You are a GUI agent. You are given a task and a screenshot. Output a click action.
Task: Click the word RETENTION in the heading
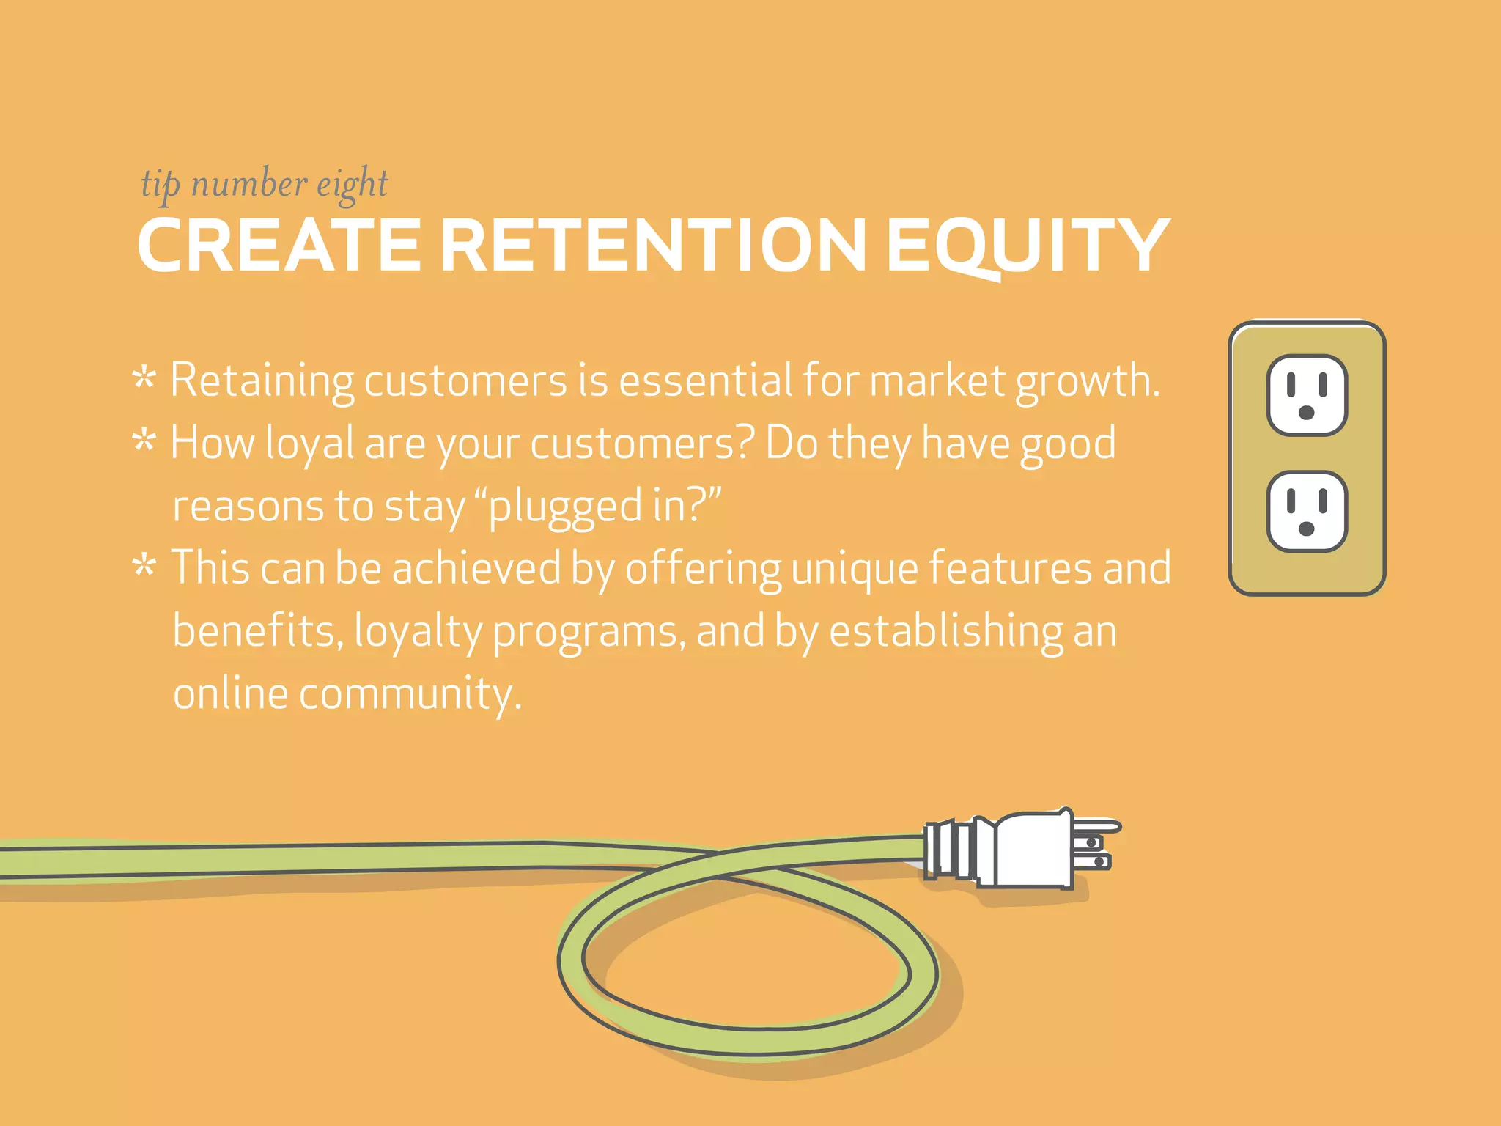[x=654, y=246]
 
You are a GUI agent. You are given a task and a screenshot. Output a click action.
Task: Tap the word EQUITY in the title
[x=1026, y=246]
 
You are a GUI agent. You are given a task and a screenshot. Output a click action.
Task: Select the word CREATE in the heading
[x=279, y=246]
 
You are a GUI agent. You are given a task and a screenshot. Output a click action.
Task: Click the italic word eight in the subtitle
[x=352, y=185]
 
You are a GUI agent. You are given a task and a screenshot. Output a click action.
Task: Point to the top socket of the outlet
[x=1307, y=395]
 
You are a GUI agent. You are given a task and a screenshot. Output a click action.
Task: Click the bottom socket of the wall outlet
[x=1307, y=511]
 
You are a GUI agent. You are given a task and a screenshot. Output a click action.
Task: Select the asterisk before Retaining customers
[x=144, y=379]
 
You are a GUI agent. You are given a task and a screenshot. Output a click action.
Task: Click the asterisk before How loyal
[x=144, y=441]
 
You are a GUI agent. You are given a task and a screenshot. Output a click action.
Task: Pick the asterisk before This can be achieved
[x=144, y=567]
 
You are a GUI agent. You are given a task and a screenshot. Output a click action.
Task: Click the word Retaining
[x=262, y=381]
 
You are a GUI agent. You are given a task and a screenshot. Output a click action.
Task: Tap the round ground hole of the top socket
[x=1306, y=413]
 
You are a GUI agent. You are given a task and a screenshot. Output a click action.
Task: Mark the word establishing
[x=945, y=631]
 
